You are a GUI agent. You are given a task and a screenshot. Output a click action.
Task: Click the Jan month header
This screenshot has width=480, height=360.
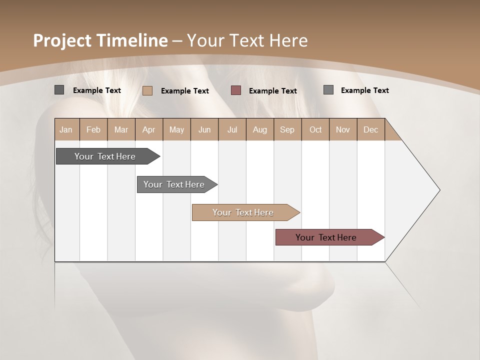tap(66, 129)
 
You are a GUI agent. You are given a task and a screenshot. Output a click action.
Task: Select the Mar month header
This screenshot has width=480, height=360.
tap(121, 129)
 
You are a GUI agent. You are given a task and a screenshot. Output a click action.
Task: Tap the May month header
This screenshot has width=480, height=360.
tap(176, 129)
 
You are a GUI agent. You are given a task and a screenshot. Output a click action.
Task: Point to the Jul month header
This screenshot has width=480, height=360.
tap(232, 129)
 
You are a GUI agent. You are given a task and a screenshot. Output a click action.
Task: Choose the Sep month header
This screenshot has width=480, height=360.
tap(287, 129)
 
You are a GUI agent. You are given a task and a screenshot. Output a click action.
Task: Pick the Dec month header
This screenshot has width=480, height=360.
tap(370, 129)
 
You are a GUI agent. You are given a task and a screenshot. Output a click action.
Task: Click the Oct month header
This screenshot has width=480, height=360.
tap(315, 129)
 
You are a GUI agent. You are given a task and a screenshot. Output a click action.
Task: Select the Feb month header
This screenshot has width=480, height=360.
tap(93, 129)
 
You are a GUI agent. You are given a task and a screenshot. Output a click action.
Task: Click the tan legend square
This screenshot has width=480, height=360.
tap(147, 90)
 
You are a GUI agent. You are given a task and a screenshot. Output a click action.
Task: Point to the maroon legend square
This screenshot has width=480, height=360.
tap(236, 90)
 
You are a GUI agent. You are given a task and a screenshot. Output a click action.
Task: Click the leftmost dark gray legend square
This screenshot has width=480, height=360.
tap(59, 90)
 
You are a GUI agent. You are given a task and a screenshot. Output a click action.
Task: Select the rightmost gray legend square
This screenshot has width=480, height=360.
tap(328, 90)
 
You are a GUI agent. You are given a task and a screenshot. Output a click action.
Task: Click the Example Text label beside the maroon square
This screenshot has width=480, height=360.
tap(273, 91)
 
